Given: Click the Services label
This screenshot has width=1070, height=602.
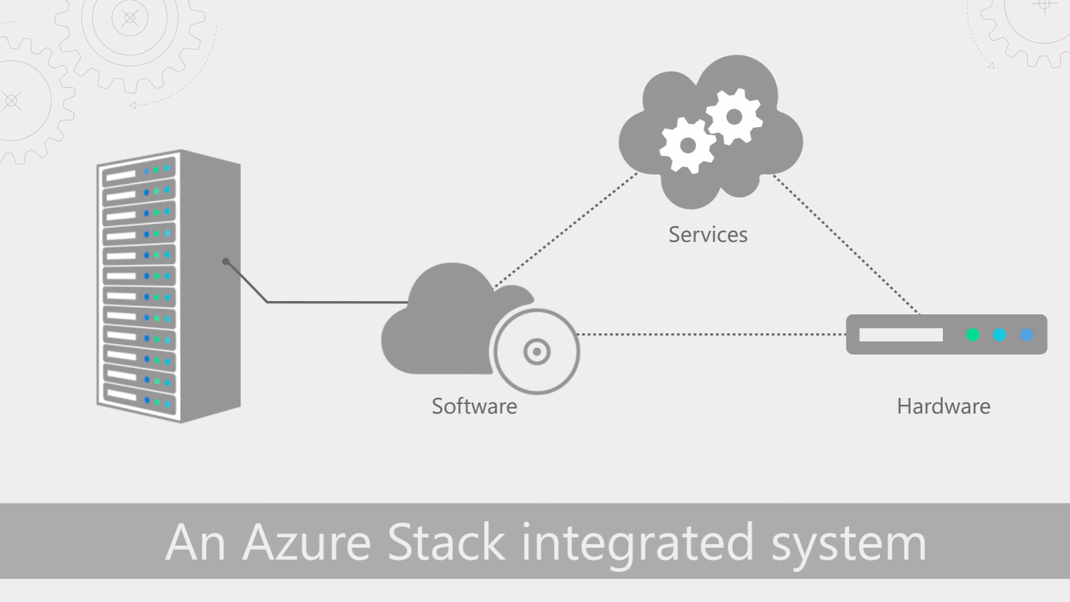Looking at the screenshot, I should (x=708, y=235).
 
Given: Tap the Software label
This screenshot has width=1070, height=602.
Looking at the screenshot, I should (x=474, y=406).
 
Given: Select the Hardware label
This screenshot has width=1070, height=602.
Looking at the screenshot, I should (x=943, y=406).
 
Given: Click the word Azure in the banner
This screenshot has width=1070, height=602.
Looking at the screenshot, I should (x=306, y=542).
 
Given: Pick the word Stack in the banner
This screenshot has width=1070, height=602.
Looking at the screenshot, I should (x=446, y=542).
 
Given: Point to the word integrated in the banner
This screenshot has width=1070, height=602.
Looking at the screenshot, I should (x=637, y=543).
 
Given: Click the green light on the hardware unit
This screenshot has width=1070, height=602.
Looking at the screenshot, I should (x=973, y=334).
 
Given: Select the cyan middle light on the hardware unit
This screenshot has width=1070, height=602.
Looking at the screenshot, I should (x=1000, y=334).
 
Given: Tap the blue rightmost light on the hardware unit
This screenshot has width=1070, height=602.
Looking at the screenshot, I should (x=1027, y=334).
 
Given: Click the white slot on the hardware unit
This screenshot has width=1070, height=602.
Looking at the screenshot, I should (x=901, y=334).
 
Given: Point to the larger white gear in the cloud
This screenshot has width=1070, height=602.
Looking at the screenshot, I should (x=687, y=145).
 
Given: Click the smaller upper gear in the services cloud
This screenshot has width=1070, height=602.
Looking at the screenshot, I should (x=734, y=117).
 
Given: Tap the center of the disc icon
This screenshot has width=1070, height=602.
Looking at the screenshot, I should (x=537, y=351).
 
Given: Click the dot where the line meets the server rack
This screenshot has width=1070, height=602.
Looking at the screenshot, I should (x=226, y=261).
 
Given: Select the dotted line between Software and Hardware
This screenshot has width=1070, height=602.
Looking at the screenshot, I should (x=709, y=334).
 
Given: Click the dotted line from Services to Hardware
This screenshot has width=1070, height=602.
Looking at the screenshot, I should (x=846, y=245).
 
